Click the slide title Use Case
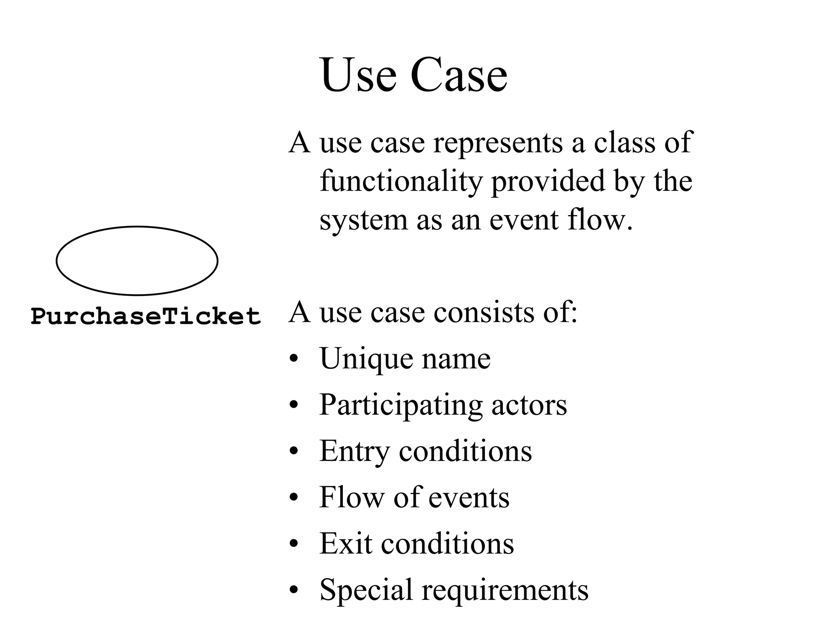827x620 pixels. [413, 75]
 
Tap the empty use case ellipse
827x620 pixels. [137, 261]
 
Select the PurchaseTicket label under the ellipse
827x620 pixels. [146, 316]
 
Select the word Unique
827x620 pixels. [366, 359]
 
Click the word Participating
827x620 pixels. [401, 405]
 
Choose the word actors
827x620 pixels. [529, 405]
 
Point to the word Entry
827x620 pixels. [354, 451]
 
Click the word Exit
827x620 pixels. [346, 543]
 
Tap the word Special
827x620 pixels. [366, 590]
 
